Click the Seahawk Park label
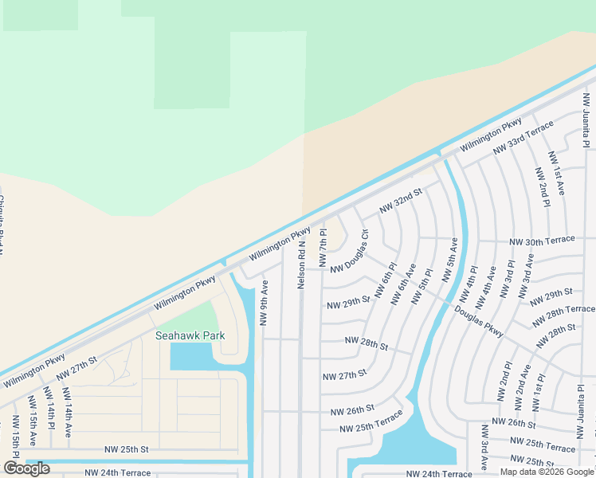(190, 335)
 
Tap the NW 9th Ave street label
(264, 302)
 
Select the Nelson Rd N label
(302, 266)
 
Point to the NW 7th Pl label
(323, 249)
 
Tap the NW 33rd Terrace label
(523, 138)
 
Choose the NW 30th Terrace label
(542, 240)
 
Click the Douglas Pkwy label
(480, 321)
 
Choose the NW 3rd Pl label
(507, 279)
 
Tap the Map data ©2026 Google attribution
(546, 472)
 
